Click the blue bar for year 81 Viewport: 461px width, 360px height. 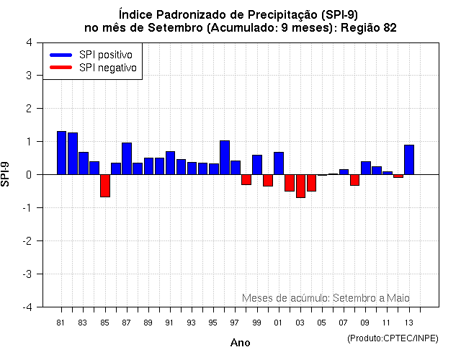coord(61,153)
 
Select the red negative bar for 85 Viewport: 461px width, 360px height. coord(104,186)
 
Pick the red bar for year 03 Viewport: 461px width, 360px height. coord(300,186)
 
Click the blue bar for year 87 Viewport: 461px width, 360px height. coord(126,158)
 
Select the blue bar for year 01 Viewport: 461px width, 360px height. coord(278,163)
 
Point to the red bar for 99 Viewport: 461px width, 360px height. coord(246,179)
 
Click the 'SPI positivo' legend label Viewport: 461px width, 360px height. coord(109,55)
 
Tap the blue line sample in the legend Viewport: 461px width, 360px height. coord(61,55)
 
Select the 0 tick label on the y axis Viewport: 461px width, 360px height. coord(28,175)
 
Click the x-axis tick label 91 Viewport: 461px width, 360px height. coord(169,322)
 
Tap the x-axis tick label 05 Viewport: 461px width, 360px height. coord(321,322)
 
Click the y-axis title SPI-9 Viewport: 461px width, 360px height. coord(7,174)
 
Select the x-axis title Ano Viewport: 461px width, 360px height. coord(240,343)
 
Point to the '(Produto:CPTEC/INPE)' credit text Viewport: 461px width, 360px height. coord(392,338)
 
